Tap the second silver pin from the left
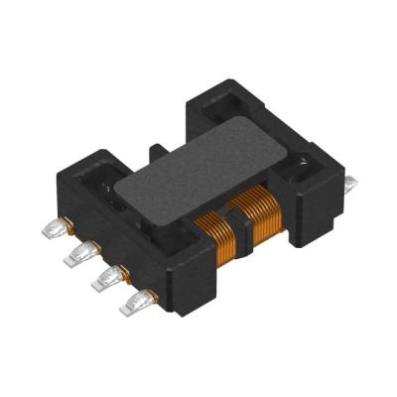pyautogui.click(x=73, y=257)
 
